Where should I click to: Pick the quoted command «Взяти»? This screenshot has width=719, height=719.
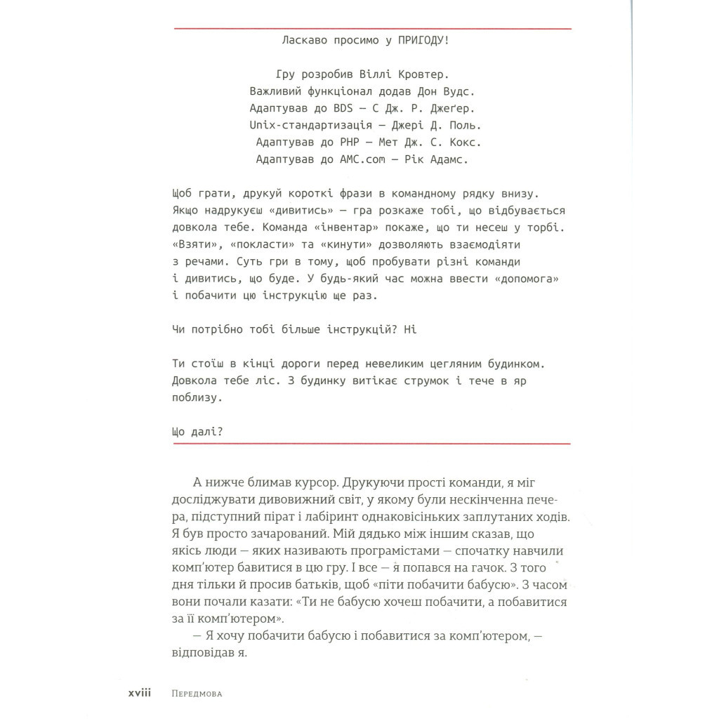[x=194, y=245]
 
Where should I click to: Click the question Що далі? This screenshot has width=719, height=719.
[x=197, y=432]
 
